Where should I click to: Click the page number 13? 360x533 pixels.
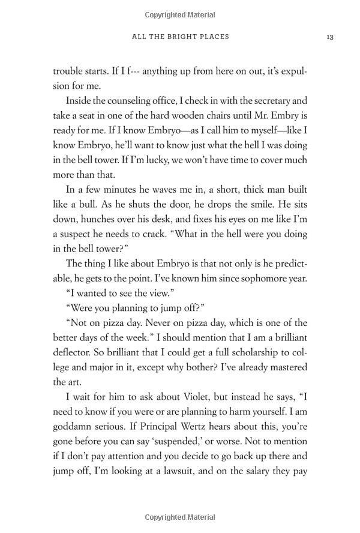tap(330, 37)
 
